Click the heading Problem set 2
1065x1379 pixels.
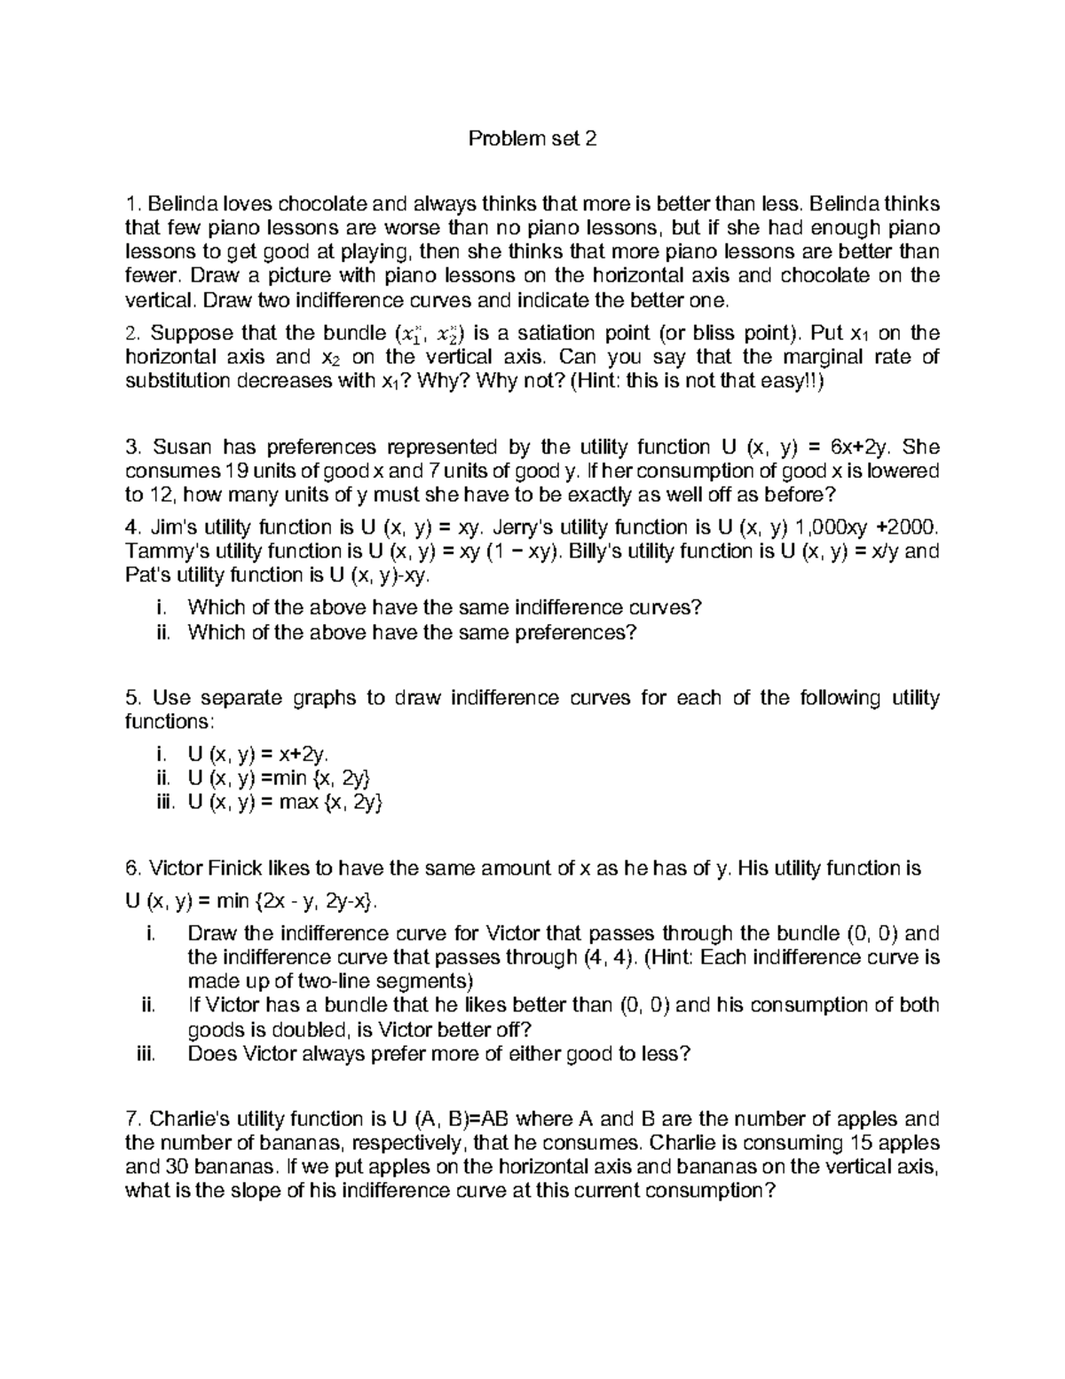click(532, 139)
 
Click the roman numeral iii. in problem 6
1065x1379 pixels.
click(146, 1054)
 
